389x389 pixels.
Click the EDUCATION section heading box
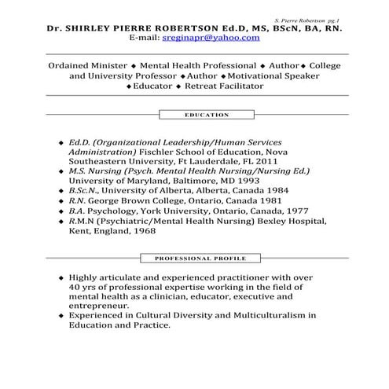point(194,115)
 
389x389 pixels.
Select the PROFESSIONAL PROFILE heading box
point(195,258)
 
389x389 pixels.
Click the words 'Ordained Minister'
point(87,65)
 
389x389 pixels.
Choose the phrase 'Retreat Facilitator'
point(223,86)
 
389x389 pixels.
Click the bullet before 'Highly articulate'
point(61,278)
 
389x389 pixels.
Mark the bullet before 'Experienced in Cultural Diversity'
point(61,315)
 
